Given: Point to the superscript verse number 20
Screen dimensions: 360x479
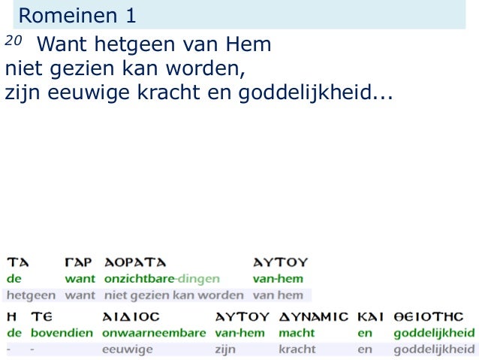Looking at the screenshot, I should click(x=10, y=41).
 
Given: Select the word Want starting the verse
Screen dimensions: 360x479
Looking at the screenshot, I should click(x=61, y=46).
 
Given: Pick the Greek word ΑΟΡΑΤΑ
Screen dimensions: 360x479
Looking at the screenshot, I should click(x=135, y=262).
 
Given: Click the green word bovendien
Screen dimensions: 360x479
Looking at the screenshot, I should click(x=62, y=332).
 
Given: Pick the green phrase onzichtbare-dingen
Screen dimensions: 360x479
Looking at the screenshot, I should click(x=161, y=278).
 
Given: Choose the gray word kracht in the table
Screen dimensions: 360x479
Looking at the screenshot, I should click(x=297, y=349).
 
